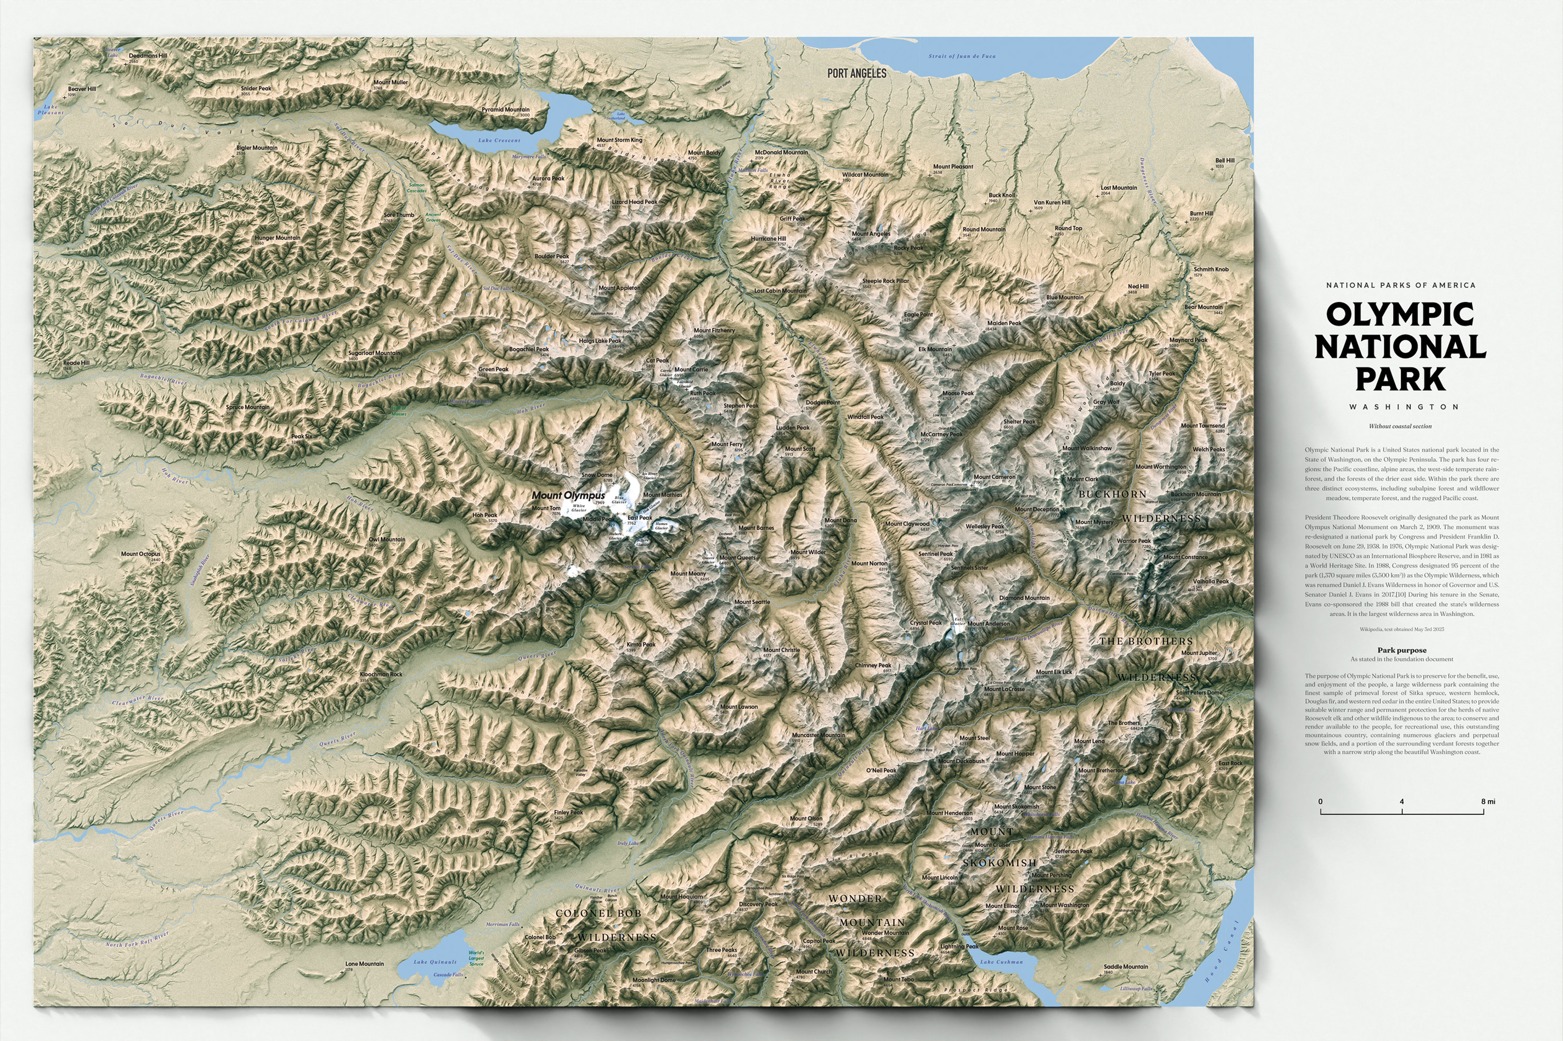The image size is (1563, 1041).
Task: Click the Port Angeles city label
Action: pyautogui.click(x=856, y=73)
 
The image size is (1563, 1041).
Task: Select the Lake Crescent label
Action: pyautogui.click(x=499, y=141)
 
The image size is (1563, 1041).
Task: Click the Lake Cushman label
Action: pyautogui.click(x=1001, y=961)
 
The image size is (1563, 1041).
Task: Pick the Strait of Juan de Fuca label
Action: pyautogui.click(x=961, y=56)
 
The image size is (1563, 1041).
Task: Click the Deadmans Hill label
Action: pyautogui.click(x=148, y=56)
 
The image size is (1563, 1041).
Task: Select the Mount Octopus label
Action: pyautogui.click(x=140, y=554)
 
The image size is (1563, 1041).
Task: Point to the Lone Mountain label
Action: pyautogui.click(x=364, y=963)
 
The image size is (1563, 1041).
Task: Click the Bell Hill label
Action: pyautogui.click(x=1224, y=160)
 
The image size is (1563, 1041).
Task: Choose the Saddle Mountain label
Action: pyautogui.click(x=1126, y=966)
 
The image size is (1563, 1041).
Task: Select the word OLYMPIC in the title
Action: pyautogui.click(x=1400, y=314)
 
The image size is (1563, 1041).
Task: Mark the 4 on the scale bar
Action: pyautogui.click(x=1402, y=801)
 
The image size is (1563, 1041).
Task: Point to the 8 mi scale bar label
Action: pyautogui.click(x=1487, y=801)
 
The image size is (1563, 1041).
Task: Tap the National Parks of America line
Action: pyautogui.click(x=1401, y=285)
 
